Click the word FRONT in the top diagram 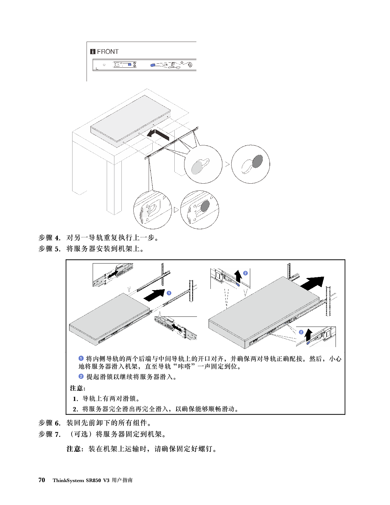pyautogui.click(x=108, y=52)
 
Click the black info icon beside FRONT pyautogui.click(x=93, y=52)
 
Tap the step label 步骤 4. pyautogui.click(x=49, y=238)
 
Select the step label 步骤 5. pyautogui.click(x=49, y=249)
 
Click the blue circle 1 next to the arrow pyautogui.click(x=169, y=293)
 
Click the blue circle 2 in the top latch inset pyautogui.click(x=245, y=273)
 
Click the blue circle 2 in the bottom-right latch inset pyautogui.click(x=301, y=332)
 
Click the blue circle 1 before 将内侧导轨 pyautogui.click(x=81, y=358)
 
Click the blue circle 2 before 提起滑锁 pyautogui.click(x=81, y=376)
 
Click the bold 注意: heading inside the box pyautogui.click(x=78, y=388)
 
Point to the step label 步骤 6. pyautogui.click(x=49, y=423)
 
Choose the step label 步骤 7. pyautogui.click(x=49, y=434)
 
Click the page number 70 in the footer pyautogui.click(x=42, y=480)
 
